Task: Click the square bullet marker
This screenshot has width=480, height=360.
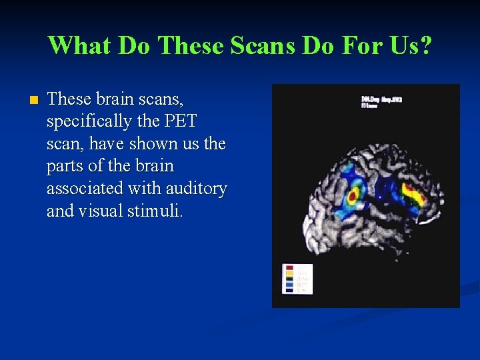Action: [x=34, y=100]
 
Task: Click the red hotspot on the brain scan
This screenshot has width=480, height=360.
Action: [x=354, y=195]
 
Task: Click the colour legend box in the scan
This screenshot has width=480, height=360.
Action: [x=297, y=279]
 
